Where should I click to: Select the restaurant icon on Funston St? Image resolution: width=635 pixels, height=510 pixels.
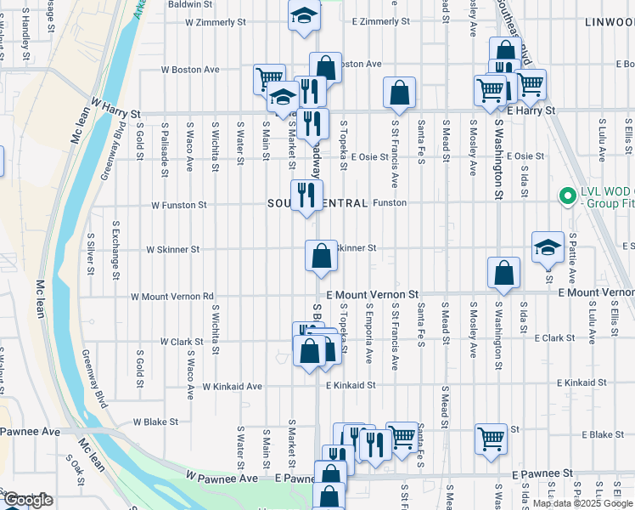coord(306,195)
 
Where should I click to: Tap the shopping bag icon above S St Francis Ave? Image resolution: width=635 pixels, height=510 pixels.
coord(399,93)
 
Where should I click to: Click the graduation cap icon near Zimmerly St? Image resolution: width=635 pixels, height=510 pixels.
coord(303,16)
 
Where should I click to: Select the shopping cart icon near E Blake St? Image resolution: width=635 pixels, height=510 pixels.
coord(491,439)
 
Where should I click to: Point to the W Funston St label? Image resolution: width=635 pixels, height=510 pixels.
coord(178,205)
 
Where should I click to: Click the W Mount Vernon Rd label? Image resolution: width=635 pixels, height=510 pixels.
coord(171,297)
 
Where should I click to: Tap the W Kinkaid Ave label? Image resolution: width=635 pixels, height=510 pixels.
coord(232,386)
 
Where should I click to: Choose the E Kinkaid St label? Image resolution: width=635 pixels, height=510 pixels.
coord(350,385)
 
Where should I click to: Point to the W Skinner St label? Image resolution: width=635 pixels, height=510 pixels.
coord(172,250)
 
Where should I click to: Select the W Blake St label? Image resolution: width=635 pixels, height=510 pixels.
coord(155,422)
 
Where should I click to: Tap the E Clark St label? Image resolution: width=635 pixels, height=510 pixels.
coord(554,337)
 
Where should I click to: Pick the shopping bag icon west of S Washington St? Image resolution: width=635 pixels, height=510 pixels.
coord(504,273)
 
